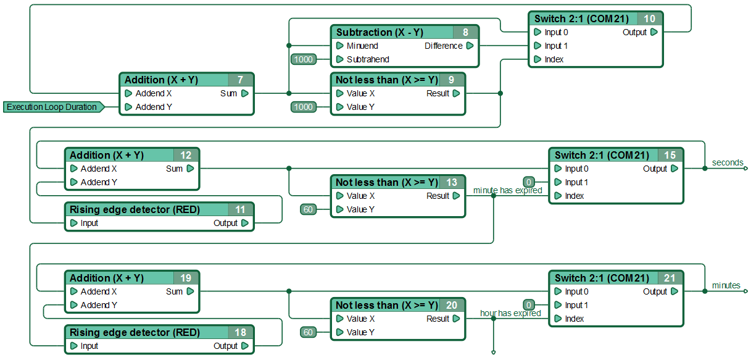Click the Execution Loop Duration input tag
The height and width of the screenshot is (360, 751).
[x=54, y=107]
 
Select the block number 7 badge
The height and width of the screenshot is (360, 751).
[x=241, y=80]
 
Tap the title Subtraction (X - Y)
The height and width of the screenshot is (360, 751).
[x=380, y=32]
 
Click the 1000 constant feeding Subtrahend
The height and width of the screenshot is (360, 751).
[x=304, y=59]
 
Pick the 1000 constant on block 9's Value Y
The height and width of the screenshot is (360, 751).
[x=304, y=107]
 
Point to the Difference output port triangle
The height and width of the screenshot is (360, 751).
[x=470, y=46]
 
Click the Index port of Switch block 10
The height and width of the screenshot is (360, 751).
[x=537, y=59]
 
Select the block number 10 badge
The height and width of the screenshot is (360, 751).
[x=649, y=19]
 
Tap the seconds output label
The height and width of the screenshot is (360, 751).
[x=728, y=162]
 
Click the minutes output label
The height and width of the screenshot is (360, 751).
[x=726, y=285]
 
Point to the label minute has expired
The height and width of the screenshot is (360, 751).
[x=508, y=190]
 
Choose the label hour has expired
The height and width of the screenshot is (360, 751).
[x=510, y=313]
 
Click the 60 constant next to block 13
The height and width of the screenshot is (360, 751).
[x=308, y=209]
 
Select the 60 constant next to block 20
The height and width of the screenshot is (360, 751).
[x=308, y=332]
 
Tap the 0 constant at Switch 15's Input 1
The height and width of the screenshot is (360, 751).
[x=529, y=182]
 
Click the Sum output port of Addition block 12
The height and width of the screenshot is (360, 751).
[x=191, y=169]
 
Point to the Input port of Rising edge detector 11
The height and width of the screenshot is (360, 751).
[x=74, y=223]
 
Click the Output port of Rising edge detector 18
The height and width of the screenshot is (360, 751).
[x=245, y=346]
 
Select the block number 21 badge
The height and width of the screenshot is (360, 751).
[x=670, y=278]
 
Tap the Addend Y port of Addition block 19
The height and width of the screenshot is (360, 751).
[x=74, y=305]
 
